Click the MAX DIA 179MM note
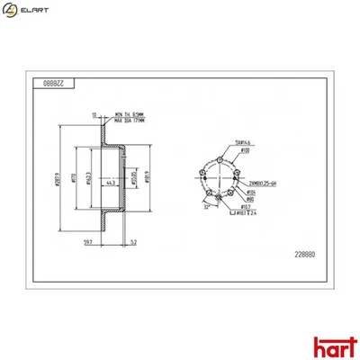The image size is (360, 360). pos(132,121)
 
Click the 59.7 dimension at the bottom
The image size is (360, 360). pos(86,243)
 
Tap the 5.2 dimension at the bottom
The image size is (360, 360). pos(132,243)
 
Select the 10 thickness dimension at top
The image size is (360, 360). pos(94,115)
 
